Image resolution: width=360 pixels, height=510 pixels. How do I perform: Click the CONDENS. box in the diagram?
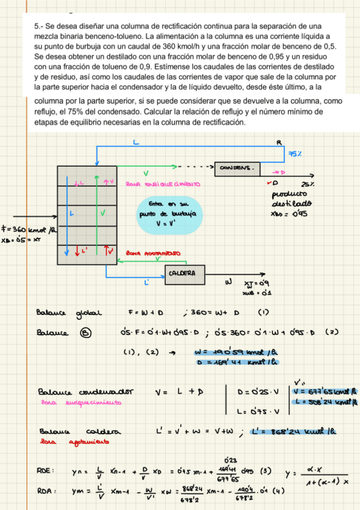pos(238,167)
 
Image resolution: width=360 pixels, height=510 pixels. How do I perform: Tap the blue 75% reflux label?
pos(294,155)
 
